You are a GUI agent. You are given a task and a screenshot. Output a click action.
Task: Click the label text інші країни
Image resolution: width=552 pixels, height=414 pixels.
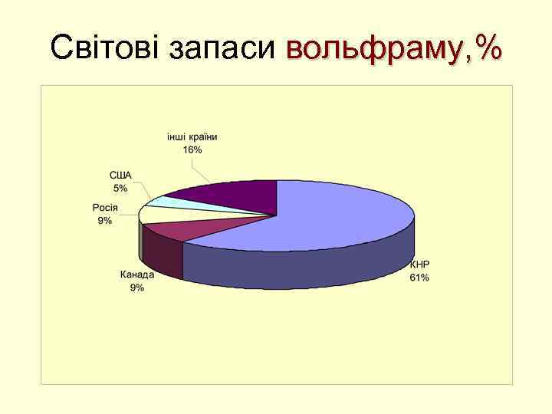pyautogui.click(x=192, y=137)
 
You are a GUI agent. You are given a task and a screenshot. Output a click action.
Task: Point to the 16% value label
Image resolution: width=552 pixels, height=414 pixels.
pyautogui.click(x=192, y=149)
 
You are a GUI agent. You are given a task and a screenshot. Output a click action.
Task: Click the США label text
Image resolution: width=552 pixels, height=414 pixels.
pyautogui.click(x=120, y=176)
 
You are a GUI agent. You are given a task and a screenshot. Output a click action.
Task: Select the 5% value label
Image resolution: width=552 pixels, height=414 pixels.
pyautogui.click(x=120, y=188)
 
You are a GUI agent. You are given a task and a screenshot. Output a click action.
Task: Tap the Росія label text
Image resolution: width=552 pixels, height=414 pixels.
pyautogui.click(x=105, y=208)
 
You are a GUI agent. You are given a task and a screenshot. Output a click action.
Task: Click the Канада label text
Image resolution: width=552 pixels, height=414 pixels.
pyautogui.click(x=137, y=274)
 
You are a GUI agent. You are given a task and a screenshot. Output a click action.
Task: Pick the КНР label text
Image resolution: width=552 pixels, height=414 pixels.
pyautogui.click(x=419, y=264)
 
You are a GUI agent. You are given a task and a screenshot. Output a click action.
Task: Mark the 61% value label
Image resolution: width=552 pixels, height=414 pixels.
pyautogui.click(x=419, y=278)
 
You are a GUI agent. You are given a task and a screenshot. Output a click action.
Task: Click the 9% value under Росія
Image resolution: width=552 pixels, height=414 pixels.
pyautogui.click(x=105, y=221)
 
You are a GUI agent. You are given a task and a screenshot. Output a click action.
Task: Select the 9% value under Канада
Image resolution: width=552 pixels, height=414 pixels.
pyautogui.click(x=137, y=287)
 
